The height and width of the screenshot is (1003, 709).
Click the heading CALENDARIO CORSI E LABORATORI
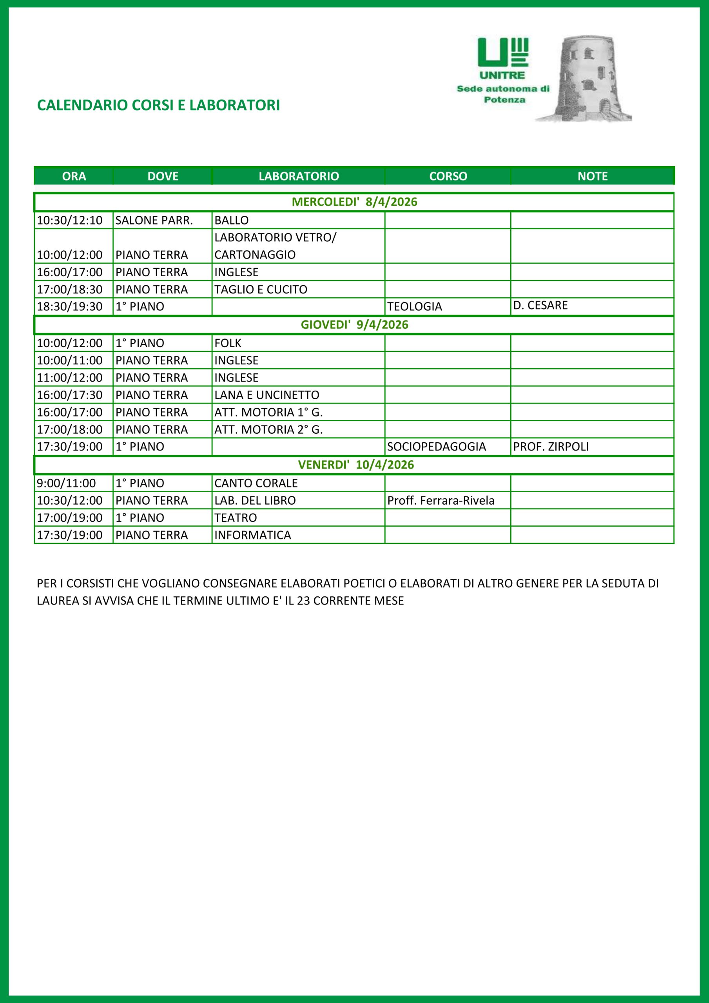point(158,105)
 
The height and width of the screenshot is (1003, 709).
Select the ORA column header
point(74,176)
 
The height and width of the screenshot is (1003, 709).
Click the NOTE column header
point(592,176)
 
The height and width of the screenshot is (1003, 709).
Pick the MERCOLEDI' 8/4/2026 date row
point(354,202)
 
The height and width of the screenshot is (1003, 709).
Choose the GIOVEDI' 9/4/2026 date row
point(354,324)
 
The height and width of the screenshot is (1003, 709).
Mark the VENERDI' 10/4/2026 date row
point(354,465)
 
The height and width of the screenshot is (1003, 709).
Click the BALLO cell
point(231,220)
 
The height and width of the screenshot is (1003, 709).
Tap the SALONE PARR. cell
point(154,220)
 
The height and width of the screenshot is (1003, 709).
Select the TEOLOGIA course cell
point(414,307)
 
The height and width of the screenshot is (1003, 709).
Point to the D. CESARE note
point(540,305)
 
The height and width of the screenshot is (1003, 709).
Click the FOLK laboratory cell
point(228,343)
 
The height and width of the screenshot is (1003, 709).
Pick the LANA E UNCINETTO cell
point(267,395)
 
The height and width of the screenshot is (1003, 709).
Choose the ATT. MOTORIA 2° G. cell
point(268,429)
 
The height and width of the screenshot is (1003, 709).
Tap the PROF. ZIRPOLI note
point(551,447)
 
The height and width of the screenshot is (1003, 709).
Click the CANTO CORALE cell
point(256,483)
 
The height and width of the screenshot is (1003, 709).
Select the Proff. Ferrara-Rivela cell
point(441,500)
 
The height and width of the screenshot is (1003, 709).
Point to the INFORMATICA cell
point(253,535)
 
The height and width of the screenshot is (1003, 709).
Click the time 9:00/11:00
point(66,483)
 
